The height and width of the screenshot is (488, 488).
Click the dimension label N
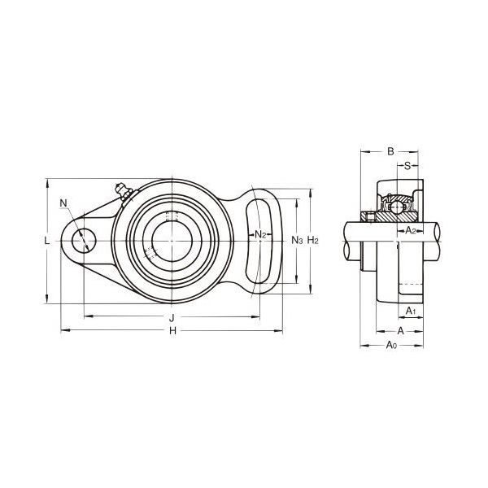coord(63,203)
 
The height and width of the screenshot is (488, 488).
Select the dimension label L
coord(46,241)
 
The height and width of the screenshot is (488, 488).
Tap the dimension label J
coord(172,318)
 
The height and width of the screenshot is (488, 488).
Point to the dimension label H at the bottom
coord(172,331)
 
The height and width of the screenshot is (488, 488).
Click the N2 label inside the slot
coord(260,234)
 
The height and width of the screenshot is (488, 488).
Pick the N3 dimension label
coord(297,240)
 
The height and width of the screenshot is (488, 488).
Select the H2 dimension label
coord(313,240)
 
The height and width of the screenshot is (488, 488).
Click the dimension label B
coord(390,151)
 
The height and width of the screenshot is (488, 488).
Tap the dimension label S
coord(407,166)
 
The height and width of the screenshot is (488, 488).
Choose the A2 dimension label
coord(411,231)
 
